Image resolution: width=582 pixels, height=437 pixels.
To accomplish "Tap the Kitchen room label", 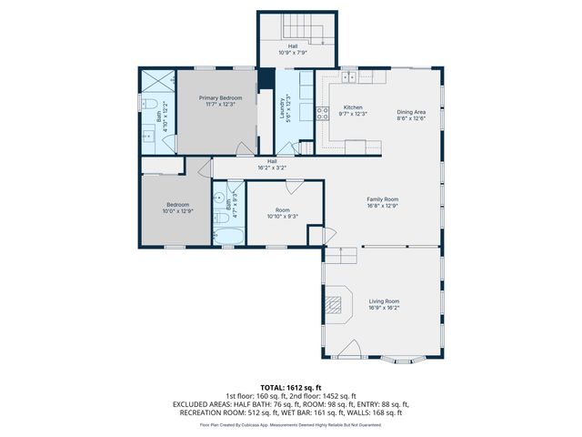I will coord(352,107).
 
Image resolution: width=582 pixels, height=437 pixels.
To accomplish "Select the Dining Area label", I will coord(411,112).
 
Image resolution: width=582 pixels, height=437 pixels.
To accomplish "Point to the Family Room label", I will coord(383,198).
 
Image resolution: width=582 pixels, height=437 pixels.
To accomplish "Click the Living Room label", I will coord(383,300).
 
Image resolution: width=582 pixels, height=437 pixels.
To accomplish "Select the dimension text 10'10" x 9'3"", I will coord(283,216).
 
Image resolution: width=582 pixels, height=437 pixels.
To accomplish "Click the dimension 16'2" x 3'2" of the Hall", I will coord(272,168).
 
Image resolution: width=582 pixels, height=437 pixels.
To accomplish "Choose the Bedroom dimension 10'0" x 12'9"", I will coord(178,211).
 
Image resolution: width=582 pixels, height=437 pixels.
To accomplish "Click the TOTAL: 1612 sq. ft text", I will coord(290,388).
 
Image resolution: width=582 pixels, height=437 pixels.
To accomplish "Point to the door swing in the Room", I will coord(295,187).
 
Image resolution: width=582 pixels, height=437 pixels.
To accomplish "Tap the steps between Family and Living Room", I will coord(341,257).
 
